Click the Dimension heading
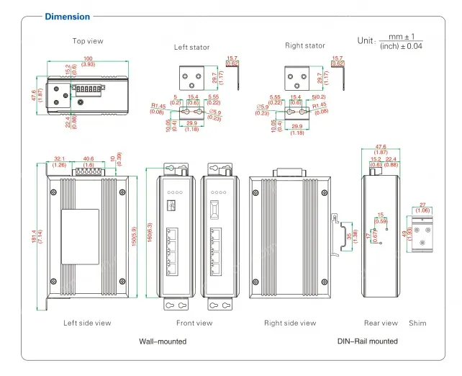[x=68, y=17]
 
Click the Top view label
[x=88, y=41]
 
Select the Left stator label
[x=192, y=47]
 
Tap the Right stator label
[x=305, y=45]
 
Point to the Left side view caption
[x=87, y=323]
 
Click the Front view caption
[x=194, y=323]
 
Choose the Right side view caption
[x=290, y=323]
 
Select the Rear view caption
[x=381, y=323]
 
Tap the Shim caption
[x=417, y=323]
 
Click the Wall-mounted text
[x=163, y=341]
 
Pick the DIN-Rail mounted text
[x=367, y=341]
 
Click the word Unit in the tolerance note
[x=366, y=41]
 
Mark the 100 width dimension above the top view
[x=88, y=58]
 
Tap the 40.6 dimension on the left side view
[x=89, y=159]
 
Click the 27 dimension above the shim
[x=422, y=205]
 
